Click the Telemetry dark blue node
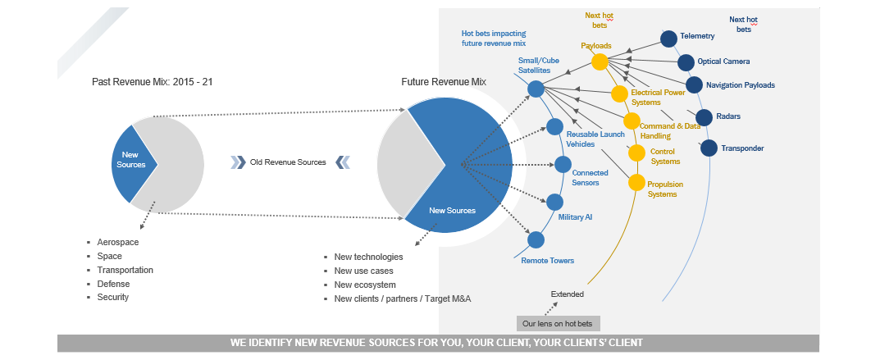point(668,39)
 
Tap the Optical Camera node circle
point(686,62)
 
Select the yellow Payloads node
point(600,62)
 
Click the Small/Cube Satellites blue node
point(536,89)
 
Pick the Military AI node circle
point(555,202)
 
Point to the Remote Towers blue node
point(536,240)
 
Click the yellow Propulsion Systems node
point(637,182)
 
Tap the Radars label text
point(729,116)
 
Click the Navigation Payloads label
point(740,84)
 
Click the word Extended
point(568,293)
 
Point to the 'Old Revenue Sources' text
point(288,162)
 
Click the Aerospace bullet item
point(118,243)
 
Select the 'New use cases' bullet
point(363,271)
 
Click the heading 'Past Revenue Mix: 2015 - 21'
point(153,82)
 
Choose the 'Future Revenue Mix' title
point(444,82)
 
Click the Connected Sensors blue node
point(563,164)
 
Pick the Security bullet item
point(113,297)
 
